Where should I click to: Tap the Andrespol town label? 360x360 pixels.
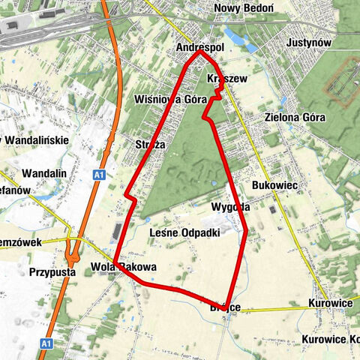[199, 47]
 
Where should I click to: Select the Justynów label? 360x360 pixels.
[308, 43]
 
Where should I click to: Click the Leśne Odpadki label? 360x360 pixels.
[184, 232]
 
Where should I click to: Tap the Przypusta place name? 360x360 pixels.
[53, 272]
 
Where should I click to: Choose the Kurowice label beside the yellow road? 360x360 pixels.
[329, 304]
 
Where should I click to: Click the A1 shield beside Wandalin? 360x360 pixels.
[98, 175]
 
